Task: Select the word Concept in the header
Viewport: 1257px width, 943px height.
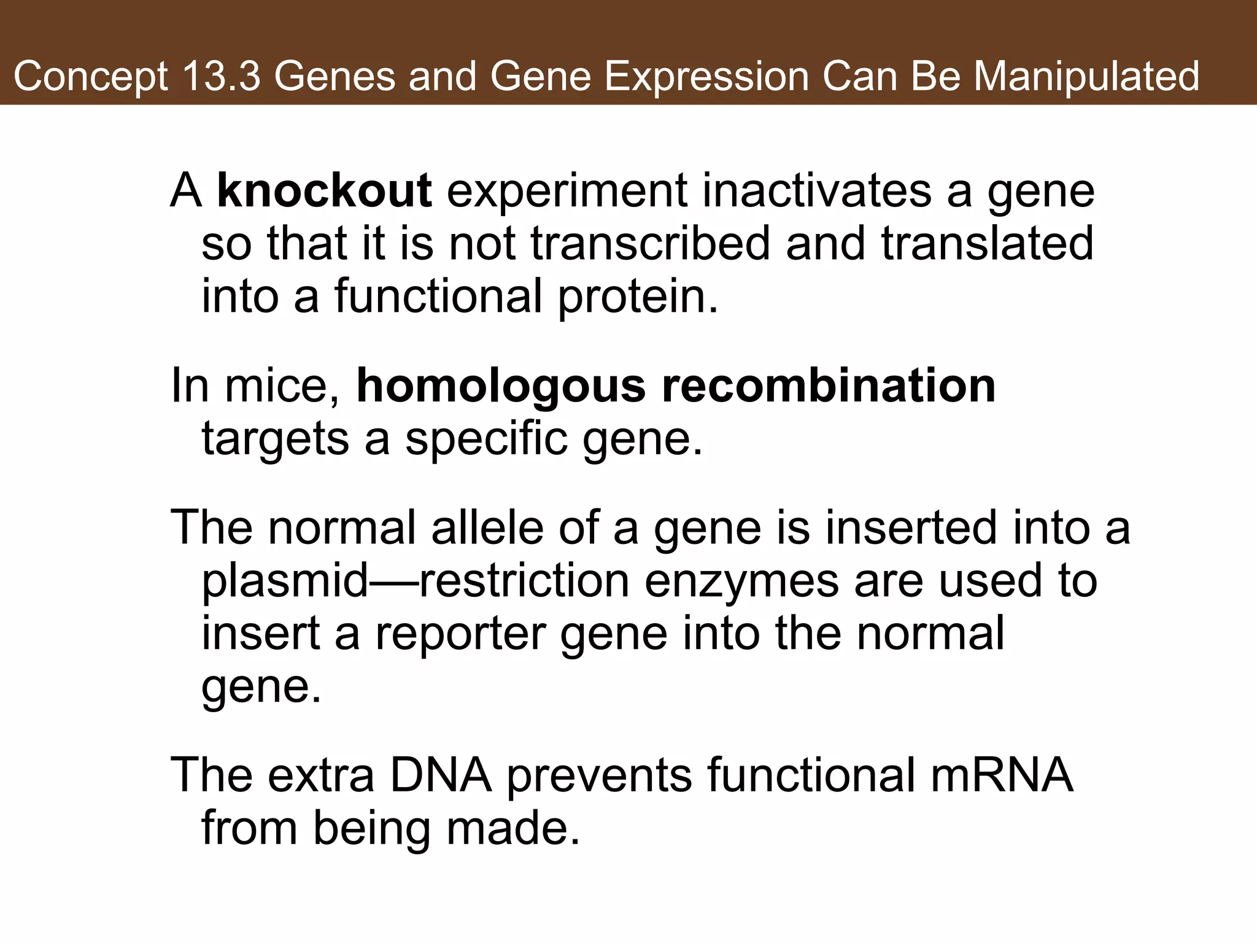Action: (x=91, y=77)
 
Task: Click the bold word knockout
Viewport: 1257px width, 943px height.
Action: (x=325, y=191)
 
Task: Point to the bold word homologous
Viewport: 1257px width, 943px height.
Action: (x=501, y=387)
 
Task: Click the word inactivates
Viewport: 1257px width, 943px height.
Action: (x=816, y=191)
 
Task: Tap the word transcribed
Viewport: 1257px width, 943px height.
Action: (x=650, y=243)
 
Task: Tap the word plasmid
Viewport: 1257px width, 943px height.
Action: (x=285, y=581)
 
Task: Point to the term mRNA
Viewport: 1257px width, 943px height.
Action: (x=1002, y=775)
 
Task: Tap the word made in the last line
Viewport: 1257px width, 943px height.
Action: (x=512, y=828)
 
